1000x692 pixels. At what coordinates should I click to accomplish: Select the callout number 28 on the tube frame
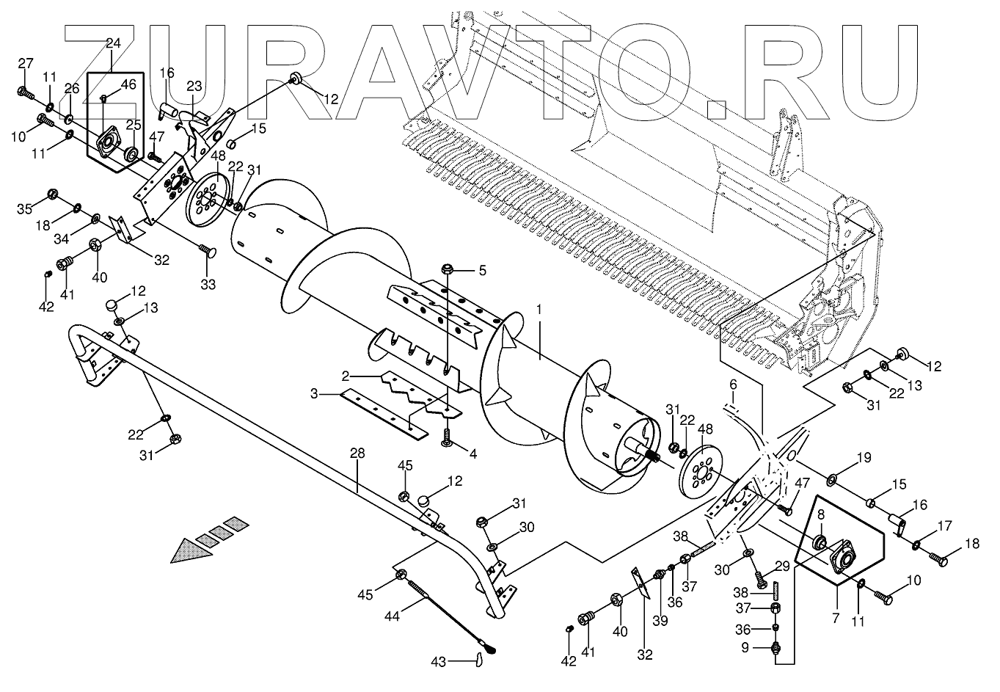[357, 454]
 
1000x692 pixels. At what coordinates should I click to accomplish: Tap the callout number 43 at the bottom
[438, 662]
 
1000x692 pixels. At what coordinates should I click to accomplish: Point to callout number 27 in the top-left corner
[26, 64]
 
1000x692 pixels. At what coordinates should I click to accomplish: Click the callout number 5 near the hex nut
[482, 270]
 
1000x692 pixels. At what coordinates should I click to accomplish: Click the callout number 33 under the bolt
[208, 284]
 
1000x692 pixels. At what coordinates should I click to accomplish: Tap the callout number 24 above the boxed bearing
[113, 44]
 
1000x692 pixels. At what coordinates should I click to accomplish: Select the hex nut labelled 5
[446, 271]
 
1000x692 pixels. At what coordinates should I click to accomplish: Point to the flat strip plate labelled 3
[382, 414]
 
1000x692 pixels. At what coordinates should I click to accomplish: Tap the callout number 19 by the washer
[865, 459]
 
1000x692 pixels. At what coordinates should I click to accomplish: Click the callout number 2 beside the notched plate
[343, 376]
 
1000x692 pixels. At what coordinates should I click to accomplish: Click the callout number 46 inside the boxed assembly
[128, 85]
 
